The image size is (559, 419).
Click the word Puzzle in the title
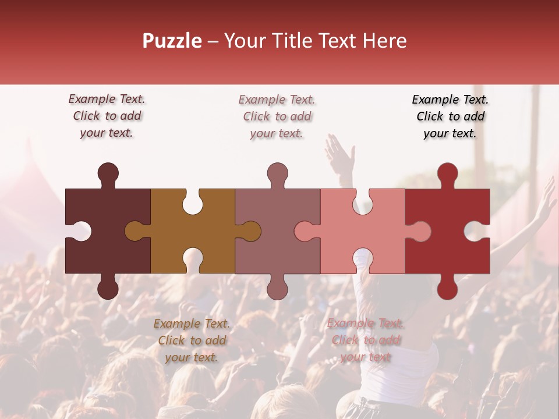[172, 41]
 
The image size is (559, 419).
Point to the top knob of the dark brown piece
[108, 173]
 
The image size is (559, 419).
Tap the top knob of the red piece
[447, 173]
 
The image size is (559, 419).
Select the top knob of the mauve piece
[277, 173]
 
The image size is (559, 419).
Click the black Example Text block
[450, 116]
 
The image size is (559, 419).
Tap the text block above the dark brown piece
[107, 116]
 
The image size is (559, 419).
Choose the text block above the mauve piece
[277, 116]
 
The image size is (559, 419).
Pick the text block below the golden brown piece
[192, 340]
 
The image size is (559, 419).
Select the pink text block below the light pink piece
[366, 340]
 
